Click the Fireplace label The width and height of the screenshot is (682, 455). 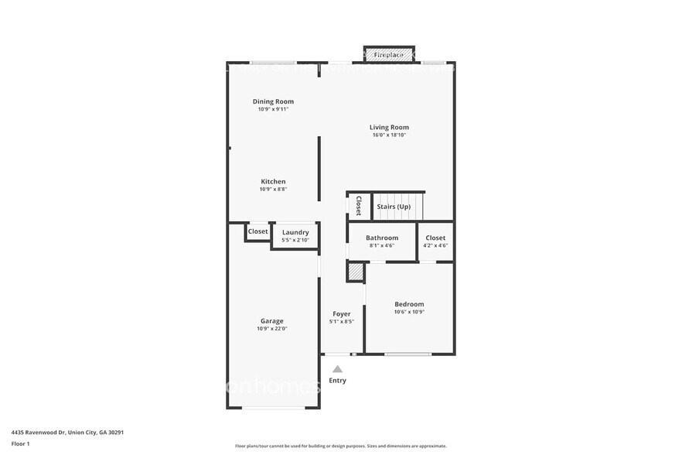[389, 55]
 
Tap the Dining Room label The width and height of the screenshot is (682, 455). [273, 101]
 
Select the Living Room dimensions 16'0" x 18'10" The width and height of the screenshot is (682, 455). [389, 135]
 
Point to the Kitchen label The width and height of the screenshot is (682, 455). [273, 182]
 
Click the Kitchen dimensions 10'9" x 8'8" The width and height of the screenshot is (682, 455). [273, 190]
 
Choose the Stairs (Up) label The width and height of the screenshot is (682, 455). [393, 207]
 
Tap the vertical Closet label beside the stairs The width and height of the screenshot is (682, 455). [359, 206]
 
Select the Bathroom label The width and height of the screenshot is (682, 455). [382, 238]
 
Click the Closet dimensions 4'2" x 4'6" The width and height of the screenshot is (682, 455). [435, 245]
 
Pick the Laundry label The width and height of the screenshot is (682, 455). [295, 232]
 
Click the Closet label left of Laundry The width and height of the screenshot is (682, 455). [257, 231]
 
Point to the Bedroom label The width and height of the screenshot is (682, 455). [409, 304]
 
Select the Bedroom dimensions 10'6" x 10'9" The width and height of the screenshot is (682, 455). [409, 313]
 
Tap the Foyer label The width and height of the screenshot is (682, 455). [341, 313]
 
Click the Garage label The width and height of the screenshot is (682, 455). [271, 320]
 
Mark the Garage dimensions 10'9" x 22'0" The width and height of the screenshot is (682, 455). [271, 328]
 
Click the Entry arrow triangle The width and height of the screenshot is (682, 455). [337, 369]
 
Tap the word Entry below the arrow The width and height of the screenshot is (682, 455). [338, 381]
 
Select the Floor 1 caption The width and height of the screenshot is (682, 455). [21, 444]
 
